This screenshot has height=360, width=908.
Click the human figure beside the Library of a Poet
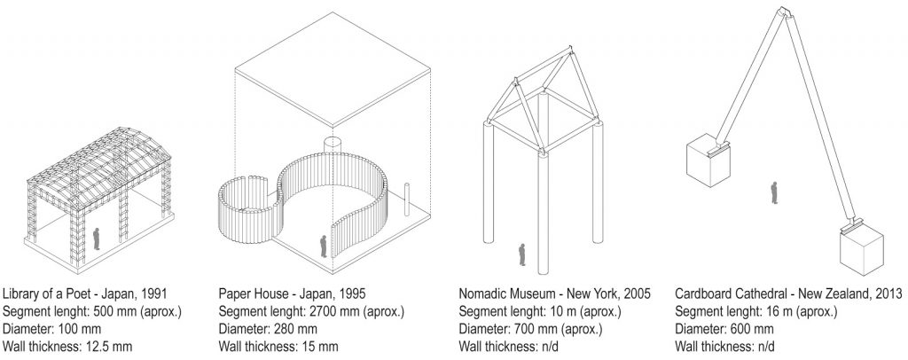pos(97,238)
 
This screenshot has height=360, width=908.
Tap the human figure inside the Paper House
pos(324,246)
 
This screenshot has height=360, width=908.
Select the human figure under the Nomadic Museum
pos(522,255)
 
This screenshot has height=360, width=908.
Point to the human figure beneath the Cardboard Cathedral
pos(774,192)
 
